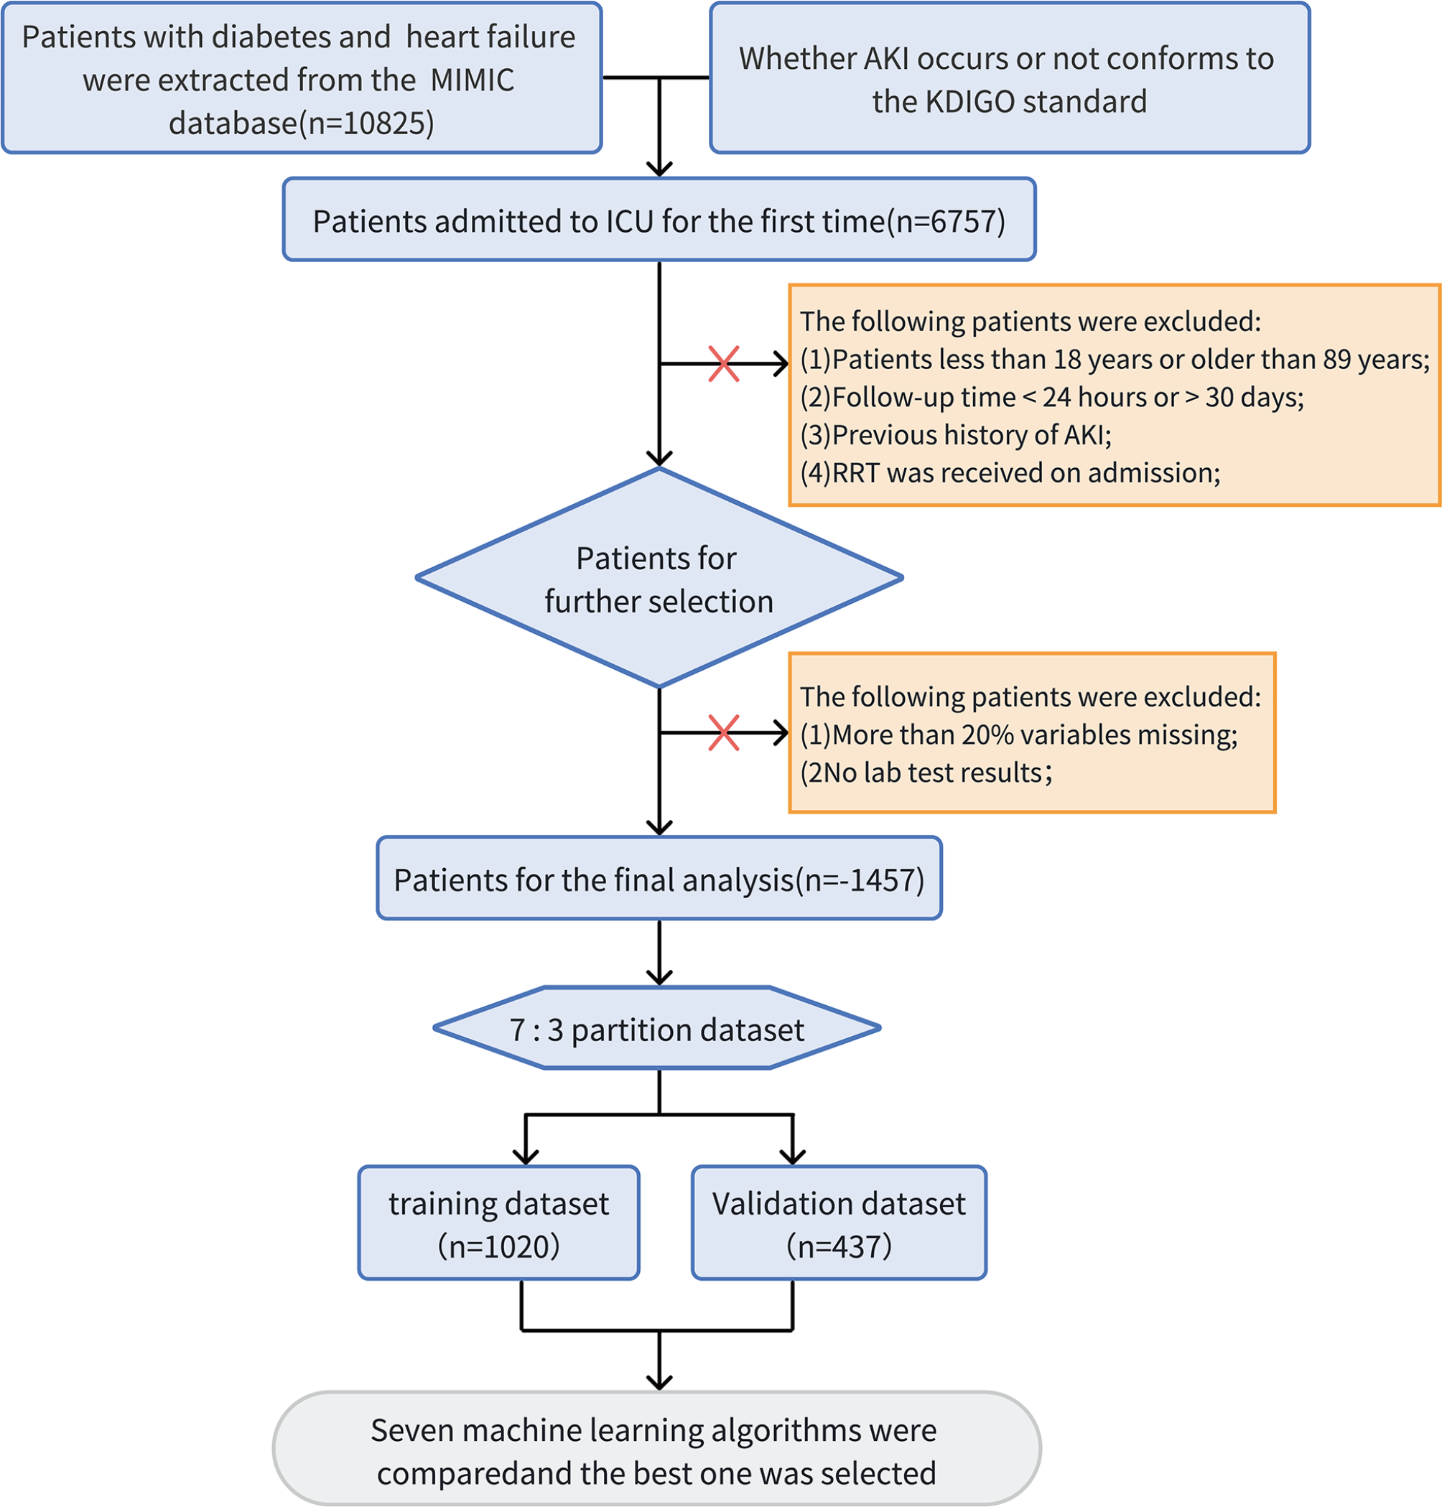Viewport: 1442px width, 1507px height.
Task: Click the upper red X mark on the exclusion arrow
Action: coord(723,363)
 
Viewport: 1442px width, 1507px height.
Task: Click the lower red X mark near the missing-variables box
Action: coord(723,732)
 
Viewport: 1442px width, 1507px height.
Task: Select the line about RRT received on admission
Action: coord(1009,472)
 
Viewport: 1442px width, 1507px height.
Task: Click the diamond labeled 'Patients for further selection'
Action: coord(659,579)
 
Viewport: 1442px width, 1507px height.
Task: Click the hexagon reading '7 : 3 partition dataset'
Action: coord(656,1029)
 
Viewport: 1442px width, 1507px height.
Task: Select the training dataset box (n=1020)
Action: coord(498,1223)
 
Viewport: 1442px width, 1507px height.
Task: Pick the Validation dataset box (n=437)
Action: coord(838,1223)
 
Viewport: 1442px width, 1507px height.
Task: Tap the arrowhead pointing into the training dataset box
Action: coord(525,1157)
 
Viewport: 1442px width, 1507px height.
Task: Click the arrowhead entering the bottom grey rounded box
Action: coord(659,1383)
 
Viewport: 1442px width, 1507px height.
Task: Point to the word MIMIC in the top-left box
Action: coord(472,80)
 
